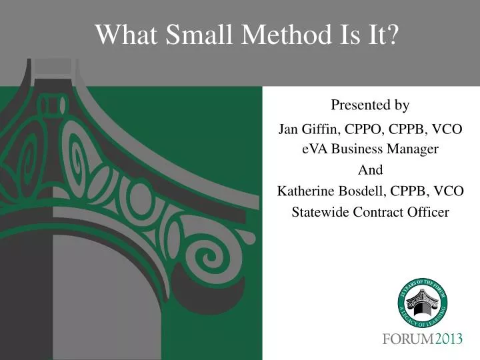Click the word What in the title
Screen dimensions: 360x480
tap(124, 34)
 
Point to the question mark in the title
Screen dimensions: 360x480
tap(392, 34)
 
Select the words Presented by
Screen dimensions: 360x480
tap(370, 105)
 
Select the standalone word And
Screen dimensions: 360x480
tap(370, 170)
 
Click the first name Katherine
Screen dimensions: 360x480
tap(305, 191)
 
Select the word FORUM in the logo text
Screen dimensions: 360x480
tap(408, 339)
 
